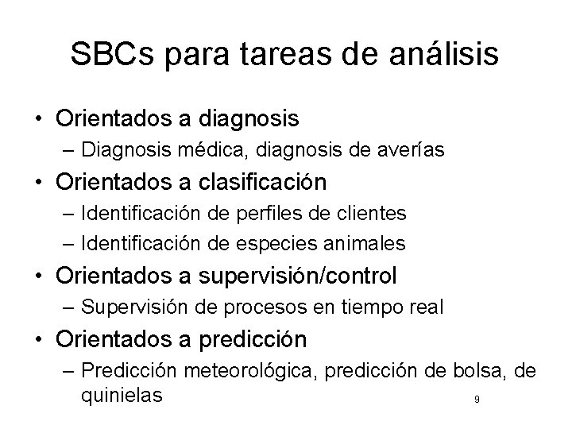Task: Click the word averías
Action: (x=396, y=149)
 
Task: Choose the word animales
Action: (x=373, y=242)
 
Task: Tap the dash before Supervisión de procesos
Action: (x=69, y=306)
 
